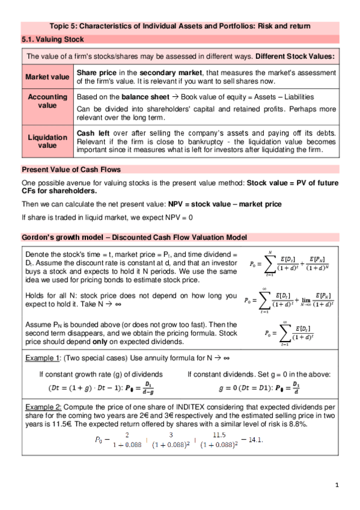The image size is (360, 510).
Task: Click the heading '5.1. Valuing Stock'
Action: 52,39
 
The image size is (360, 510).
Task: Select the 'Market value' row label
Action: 47,77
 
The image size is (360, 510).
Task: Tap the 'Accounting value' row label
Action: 47,100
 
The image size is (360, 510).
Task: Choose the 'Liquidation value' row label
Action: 47,141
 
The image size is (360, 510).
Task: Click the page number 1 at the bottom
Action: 337,485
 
